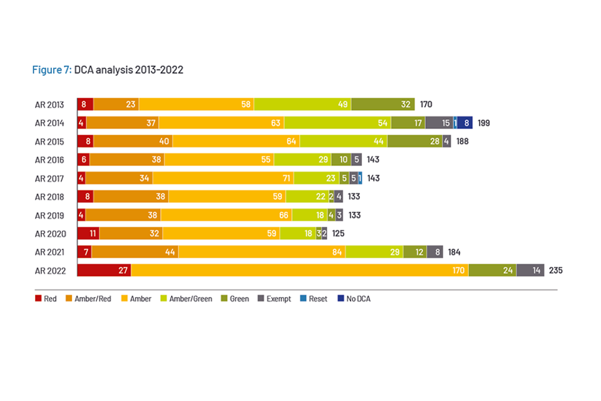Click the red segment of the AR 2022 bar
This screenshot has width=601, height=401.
[x=104, y=270]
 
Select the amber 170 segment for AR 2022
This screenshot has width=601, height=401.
[x=299, y=270]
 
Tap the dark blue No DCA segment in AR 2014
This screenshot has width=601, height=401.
[x=465, y=123]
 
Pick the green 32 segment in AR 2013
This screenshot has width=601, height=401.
[x=383, y=105]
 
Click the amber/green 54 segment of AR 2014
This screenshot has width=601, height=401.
[x=337, y=123]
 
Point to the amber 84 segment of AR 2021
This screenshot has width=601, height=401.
[x=262, y=252]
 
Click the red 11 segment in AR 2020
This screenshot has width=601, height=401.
[x=88, y=234]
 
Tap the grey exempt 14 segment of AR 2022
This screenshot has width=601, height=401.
[x=530, y=270]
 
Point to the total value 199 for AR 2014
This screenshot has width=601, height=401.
[x=483, y=123]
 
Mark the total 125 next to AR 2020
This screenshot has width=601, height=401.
[x=339, y=234]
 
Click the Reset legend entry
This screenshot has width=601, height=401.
[x=313, y=299]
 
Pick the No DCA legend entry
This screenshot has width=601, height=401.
[x=354, y=299]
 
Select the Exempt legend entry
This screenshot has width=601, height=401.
[x=274, y=299]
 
